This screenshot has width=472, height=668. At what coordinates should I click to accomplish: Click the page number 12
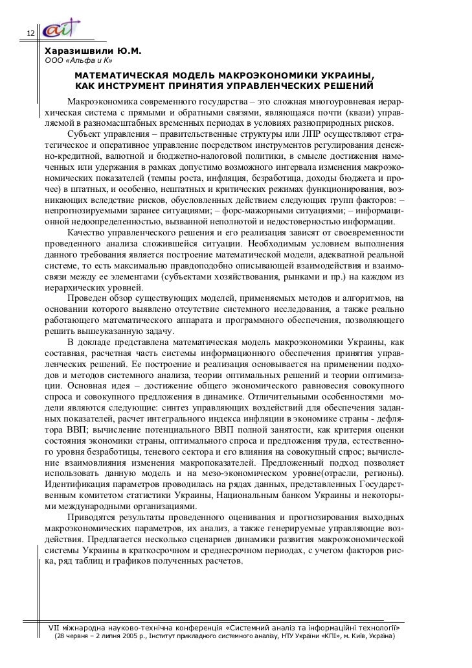[x=29, y=34]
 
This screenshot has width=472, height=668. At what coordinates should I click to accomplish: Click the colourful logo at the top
[x=62, y=29]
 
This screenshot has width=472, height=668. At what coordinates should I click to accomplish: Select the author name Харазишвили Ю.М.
[x=92, y=51]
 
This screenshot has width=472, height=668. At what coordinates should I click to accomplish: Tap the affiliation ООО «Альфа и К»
[x=78, y=62]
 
